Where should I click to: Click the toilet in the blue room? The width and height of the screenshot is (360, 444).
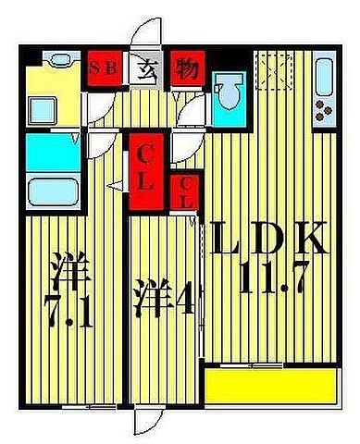229,94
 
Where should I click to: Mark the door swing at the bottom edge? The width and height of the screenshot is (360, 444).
147,421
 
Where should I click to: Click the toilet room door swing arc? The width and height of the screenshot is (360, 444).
191,116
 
